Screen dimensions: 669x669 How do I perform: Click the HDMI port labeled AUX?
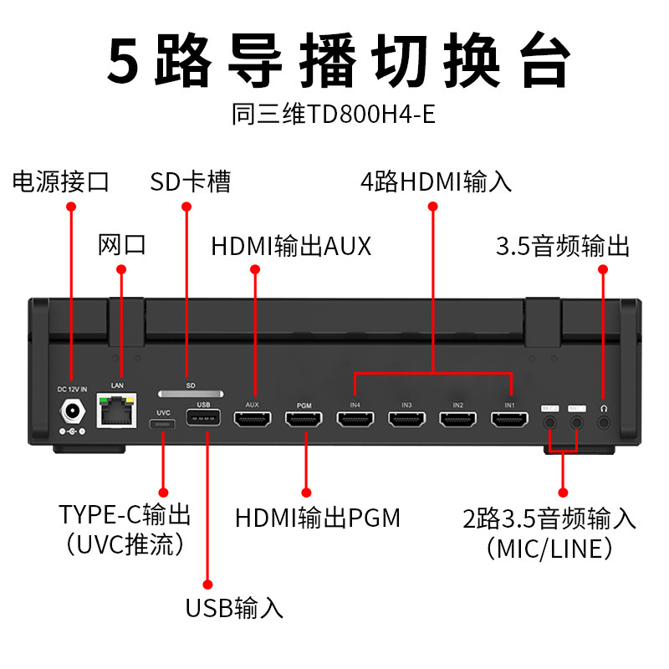click(253, 421)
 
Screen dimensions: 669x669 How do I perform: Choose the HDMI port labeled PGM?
click(304, 421)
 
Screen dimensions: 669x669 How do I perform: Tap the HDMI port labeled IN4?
click(355, 421)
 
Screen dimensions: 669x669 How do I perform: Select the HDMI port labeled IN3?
click(407, 421)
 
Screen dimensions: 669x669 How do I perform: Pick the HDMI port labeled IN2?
click(458, 421)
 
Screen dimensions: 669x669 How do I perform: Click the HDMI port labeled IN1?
click(510, 421)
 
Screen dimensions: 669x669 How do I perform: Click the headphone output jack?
click(603, 422)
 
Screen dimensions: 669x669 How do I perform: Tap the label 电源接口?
click(61, 181)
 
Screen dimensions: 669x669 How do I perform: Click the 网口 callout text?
click(122, 245)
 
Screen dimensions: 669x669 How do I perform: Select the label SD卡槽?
click(190, 181)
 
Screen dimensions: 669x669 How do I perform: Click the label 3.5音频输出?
click(563, 247)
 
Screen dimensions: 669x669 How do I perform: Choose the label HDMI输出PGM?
click(318, 518)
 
